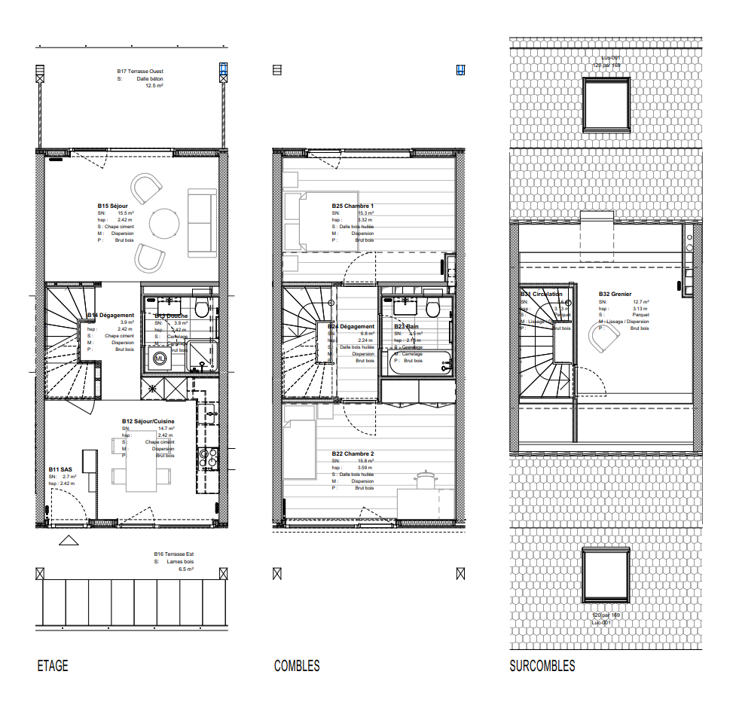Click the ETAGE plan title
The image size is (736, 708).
click(x=53, y=666)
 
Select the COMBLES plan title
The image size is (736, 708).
click(x=297, y=666)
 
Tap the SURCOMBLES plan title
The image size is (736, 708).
click(x=542, y=666)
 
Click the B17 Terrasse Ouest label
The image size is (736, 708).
click(x=145, y=71)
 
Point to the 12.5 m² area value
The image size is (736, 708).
click(x=154, y=86)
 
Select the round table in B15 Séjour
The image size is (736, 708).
click(x=164, y=224)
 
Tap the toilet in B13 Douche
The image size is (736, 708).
click(x=201, y=308)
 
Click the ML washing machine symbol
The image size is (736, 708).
click(x=160, y=359)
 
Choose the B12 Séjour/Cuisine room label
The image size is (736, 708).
click(x=148, y=421)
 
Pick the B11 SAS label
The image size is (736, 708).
click(x=60, y=468)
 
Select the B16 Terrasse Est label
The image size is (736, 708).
click(x=173, y=554)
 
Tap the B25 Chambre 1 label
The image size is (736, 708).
click(x=353, y=206)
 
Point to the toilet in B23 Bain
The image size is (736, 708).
click(x=432, y=308)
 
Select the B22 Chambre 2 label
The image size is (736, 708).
click(x=353, y=453)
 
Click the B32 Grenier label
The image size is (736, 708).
click(x=615, y=294)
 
